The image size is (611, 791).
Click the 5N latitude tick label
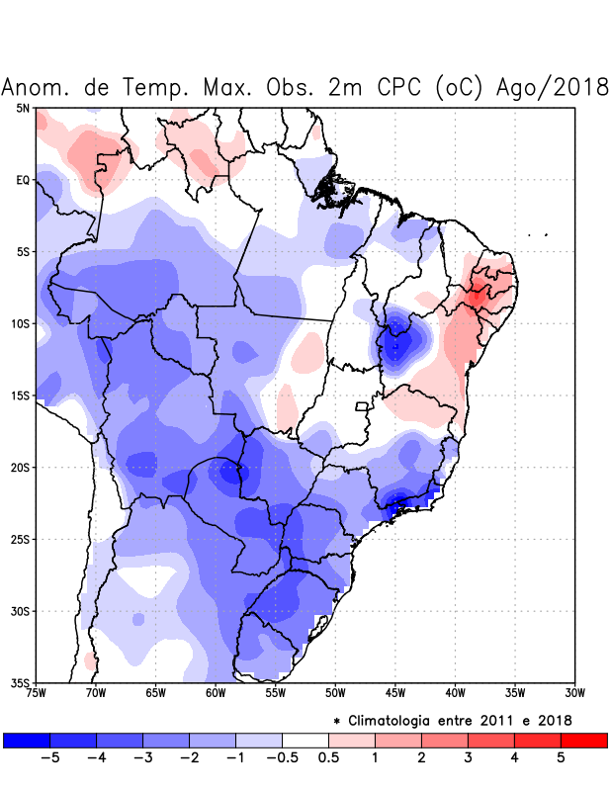tap(23, 108)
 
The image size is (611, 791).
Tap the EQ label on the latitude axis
tap(23, 180)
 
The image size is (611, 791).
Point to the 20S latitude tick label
tap(20, 468)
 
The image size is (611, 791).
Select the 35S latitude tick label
tap(20, 683)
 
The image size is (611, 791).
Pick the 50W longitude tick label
tap(335, 693)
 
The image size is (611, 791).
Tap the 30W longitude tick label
tap(574, 693)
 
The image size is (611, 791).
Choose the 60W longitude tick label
tap(216, 693)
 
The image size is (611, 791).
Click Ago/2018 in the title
tap(558, 88)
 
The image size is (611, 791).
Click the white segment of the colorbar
tap(305, 740)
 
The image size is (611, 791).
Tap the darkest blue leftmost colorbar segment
tap(27, 740)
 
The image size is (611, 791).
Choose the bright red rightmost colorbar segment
tap(584, 740)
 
